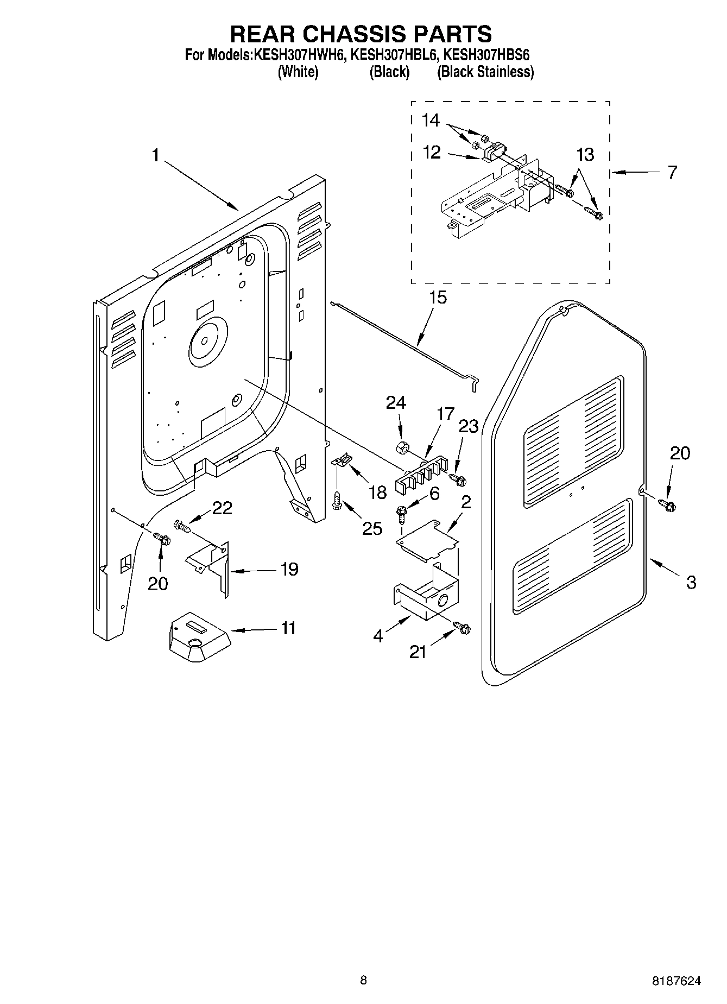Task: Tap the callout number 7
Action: click(672, 172)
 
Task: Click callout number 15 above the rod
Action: click(438, 298)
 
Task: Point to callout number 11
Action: click(288, 628)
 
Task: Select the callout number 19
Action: click(289, 569)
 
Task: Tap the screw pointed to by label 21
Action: click(463, 628)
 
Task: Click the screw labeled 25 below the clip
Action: click(337, 499)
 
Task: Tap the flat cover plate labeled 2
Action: click(427, 539)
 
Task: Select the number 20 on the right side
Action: click(679, 453)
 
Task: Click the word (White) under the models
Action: click(298, 72)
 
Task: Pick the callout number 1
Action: click(156, 156)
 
